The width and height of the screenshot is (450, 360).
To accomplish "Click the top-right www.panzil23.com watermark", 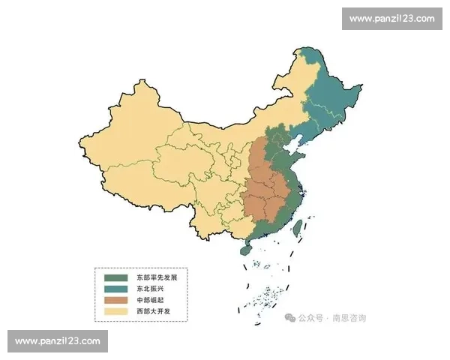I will point(392,19).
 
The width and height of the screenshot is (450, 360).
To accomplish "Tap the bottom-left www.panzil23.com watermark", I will point(57,341).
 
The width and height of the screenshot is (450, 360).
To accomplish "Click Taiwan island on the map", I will point(297,228).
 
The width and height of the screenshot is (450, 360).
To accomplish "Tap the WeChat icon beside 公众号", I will point(289,318).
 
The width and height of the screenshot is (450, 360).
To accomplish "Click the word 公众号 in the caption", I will point(310,318).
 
